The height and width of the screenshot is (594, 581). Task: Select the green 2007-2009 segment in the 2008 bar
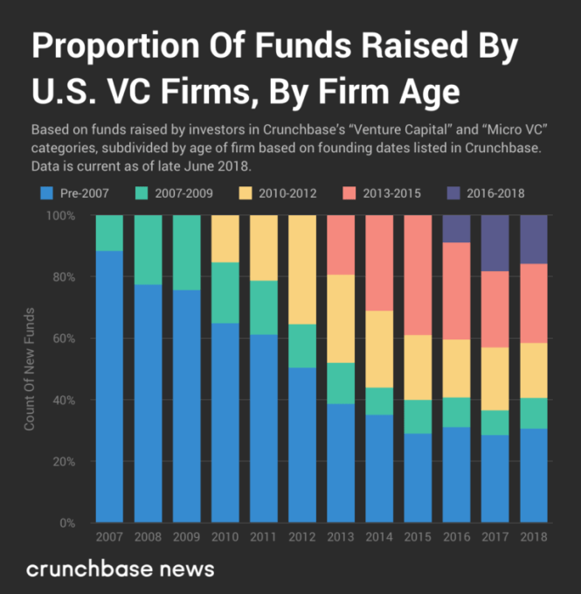point(148,249)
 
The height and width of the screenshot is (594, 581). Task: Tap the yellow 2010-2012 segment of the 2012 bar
point(302,269)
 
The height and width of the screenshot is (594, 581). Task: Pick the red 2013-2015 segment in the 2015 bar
point(418,275)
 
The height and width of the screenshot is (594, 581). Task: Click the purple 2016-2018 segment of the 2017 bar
point(495,243)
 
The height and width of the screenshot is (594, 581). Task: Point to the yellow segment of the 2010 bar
point(225,238)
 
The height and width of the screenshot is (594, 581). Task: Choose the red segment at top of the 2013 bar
point(341,244)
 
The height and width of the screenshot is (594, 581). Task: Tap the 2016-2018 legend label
point(495,192)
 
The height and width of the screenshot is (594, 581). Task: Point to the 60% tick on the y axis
point(71,339)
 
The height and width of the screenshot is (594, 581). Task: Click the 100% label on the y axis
point(67,215)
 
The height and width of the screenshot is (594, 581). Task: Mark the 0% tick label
point(73,523)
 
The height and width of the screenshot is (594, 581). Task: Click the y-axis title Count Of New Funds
point(30,367)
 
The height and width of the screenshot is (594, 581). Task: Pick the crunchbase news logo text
point(120,569)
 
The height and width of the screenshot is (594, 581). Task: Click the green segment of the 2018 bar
point(533,413)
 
